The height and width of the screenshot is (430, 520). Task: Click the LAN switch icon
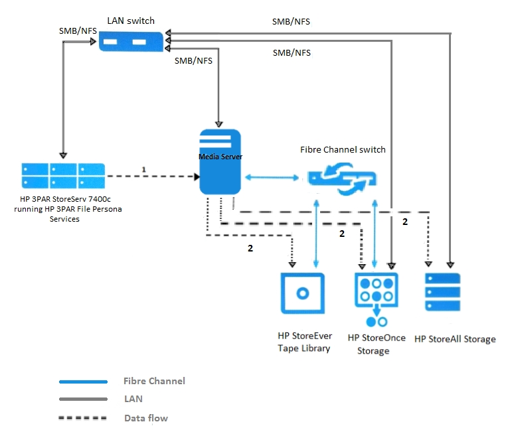point(130,42)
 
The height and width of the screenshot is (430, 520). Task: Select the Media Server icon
point(220,163)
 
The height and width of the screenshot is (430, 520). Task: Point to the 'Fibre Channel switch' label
point(343,149)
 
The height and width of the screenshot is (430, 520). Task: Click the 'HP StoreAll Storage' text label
point(455,339)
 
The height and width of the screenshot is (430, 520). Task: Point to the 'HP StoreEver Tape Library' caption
point(304,342)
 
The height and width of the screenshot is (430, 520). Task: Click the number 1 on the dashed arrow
point(143,170)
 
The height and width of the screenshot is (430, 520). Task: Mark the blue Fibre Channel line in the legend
point(83,382)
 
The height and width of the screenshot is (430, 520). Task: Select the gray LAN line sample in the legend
point(83,399)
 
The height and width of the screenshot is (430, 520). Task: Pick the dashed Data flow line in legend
point(83,418)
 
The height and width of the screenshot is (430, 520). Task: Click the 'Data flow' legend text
point(145,418)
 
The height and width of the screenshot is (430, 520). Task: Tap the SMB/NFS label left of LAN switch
point(77,31)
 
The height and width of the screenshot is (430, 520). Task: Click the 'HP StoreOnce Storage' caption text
point(377,344)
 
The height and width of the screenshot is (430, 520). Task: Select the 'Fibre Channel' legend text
point(154,381)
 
